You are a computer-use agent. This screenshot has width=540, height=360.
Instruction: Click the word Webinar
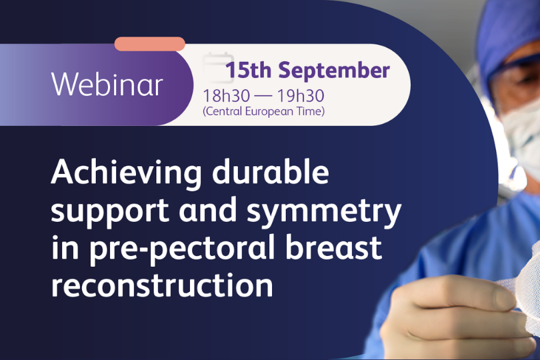tap(107, 84)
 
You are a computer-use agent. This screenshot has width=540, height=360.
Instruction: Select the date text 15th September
tap(308, 71)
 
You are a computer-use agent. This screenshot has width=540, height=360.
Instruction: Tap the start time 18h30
tap(226, 95)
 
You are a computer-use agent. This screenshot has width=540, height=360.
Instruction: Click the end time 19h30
tap(301, 95)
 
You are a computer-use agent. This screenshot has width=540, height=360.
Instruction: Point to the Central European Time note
tap(263, 111)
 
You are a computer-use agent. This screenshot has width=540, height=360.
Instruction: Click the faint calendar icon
tap(218, 68)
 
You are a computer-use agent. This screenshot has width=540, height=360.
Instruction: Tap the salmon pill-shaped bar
tap(150, 44)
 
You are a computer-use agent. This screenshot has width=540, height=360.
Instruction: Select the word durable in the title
tap(270, 171)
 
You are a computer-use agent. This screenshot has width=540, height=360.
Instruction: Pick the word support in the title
tap(110, 211)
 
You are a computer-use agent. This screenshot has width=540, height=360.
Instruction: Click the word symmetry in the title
tap(324, 211)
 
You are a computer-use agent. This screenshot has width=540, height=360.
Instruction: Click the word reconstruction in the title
tap(162, 286)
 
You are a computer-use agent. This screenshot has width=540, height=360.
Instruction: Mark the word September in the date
tap(334, 71)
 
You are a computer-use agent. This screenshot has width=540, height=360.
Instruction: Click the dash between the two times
tap(263, 96)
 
